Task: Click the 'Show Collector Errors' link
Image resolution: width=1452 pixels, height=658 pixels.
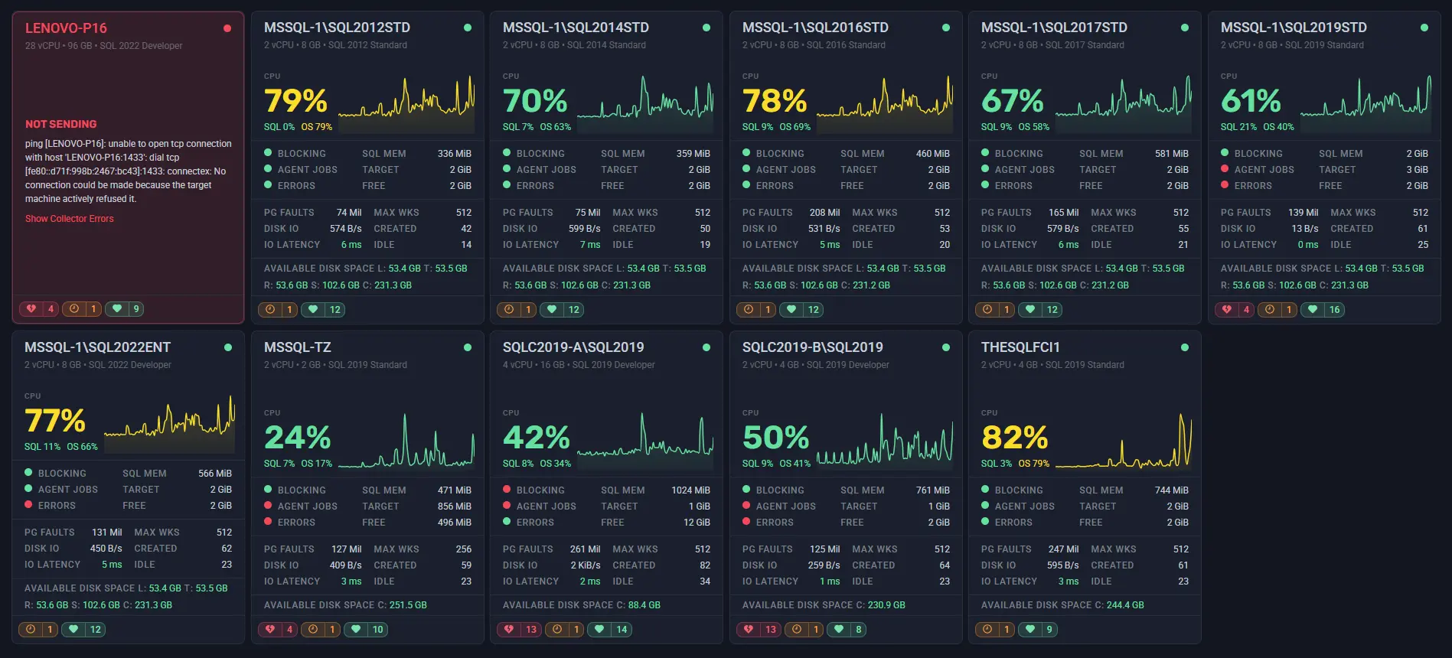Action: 69,219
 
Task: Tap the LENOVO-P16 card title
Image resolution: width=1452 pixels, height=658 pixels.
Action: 66,28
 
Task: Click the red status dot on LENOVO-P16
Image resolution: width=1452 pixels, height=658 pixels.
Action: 227,28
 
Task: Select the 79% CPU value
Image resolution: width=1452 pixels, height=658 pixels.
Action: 295,101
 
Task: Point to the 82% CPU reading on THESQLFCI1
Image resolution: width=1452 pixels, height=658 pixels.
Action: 1014,438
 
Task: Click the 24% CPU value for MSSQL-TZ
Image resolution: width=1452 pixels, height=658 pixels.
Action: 297,438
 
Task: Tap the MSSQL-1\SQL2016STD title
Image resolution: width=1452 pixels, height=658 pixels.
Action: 815,28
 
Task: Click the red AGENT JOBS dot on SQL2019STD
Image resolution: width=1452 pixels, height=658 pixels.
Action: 1225,169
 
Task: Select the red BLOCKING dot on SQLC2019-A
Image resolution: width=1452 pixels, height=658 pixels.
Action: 507,490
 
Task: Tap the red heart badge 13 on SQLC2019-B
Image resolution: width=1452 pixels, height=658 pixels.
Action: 760,630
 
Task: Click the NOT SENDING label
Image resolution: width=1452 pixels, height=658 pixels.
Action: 60,124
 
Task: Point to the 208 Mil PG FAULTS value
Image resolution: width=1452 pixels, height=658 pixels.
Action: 824,213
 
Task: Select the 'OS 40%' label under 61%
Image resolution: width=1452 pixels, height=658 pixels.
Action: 1278,127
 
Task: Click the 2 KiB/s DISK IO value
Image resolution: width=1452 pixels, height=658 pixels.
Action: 585,565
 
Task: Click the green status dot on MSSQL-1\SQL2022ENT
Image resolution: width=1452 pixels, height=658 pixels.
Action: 228,347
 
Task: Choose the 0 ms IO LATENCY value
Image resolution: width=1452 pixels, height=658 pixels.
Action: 1307,245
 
